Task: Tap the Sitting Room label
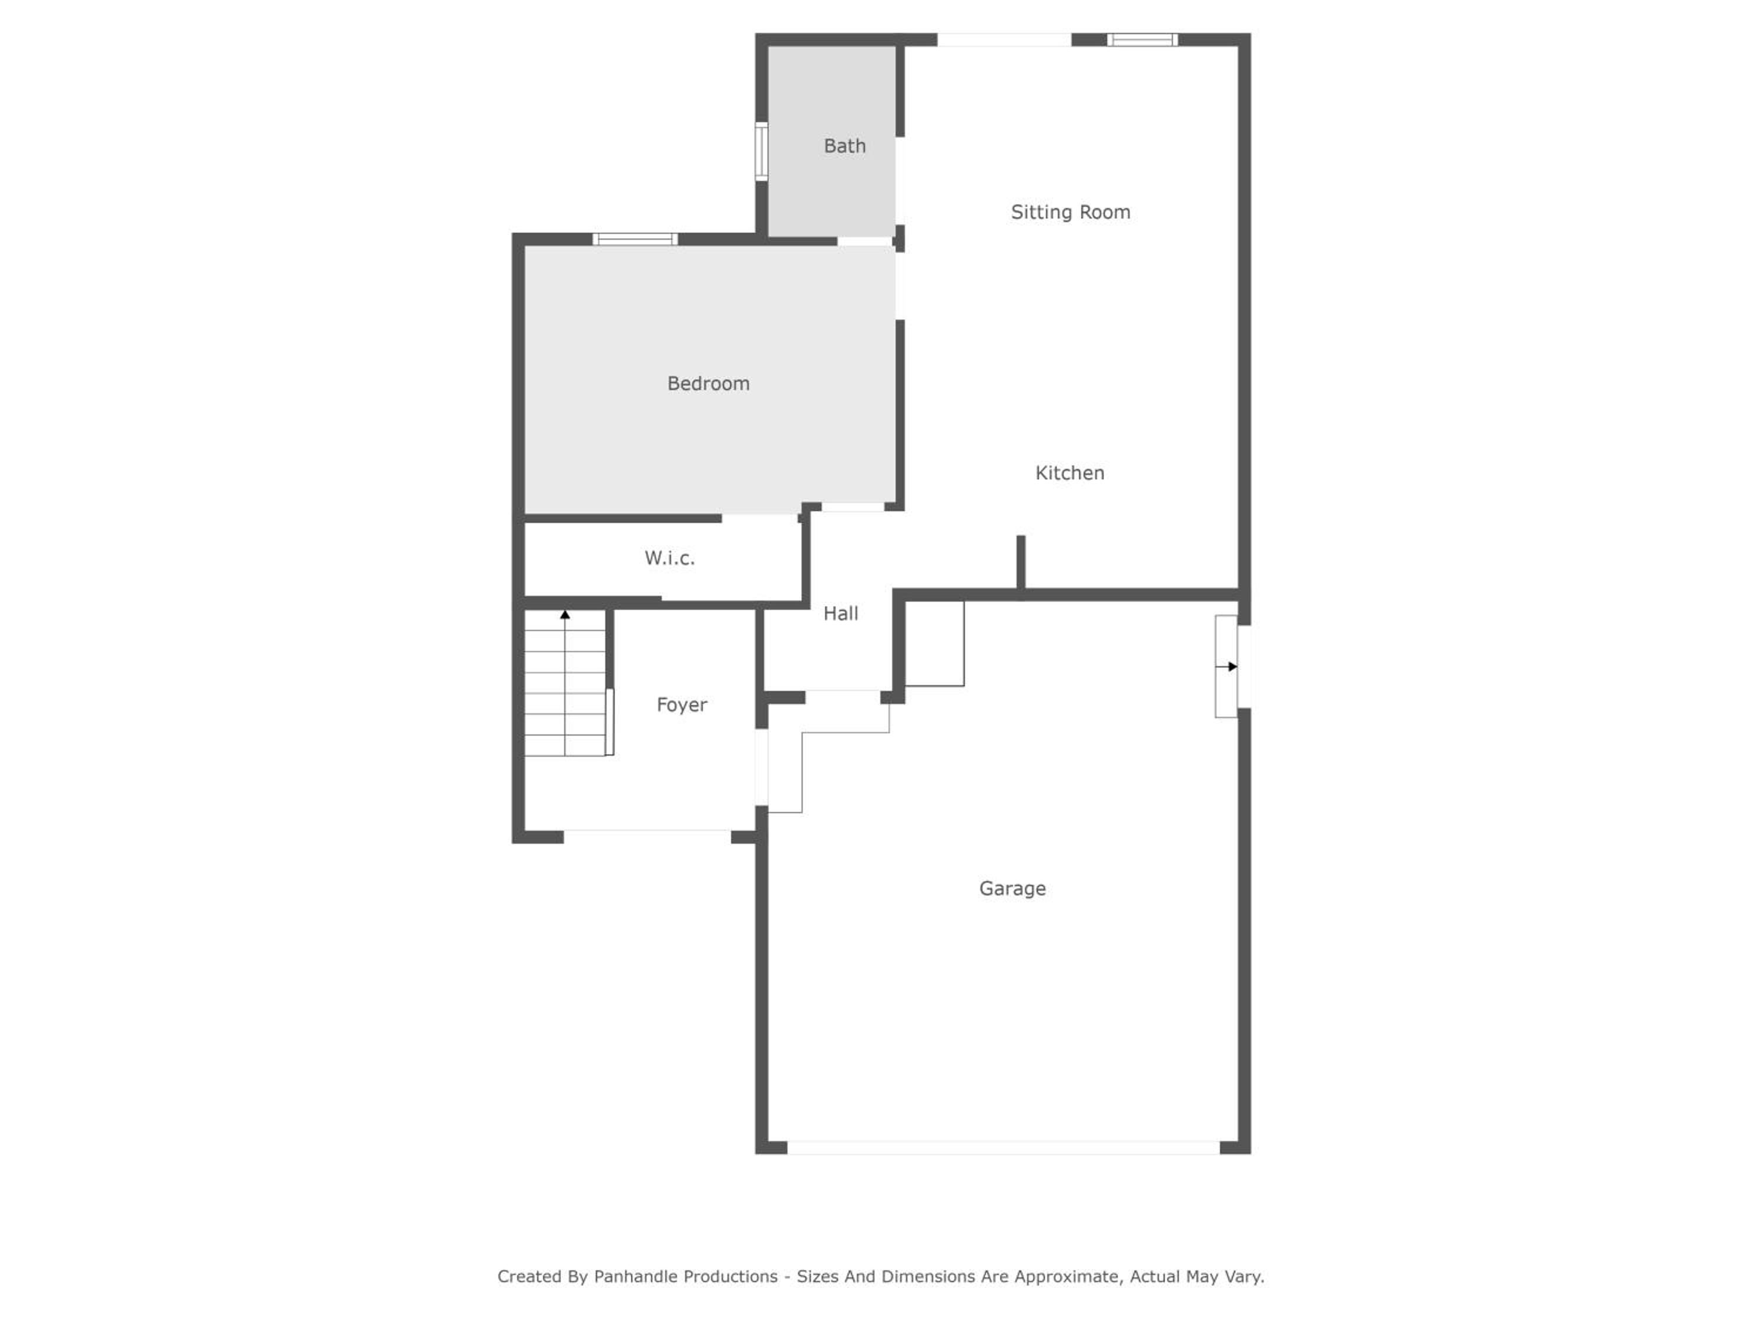(x=1070, y=212)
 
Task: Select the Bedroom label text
(x=709, y=383)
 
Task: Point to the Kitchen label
(x=1070, y=472)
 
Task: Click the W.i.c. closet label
(x=669, y=558)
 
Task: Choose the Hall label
(x=841, y=613)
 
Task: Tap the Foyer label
(x=682, y=704)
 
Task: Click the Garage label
(x=1012, y=888)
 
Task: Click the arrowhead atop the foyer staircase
(x=565, y=615)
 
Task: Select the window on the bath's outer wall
(x=761, y=152)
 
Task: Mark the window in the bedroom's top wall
(x=635, y=239)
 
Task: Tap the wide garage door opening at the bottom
(x=1004, y=1147)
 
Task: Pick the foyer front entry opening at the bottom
(x=647, y=837)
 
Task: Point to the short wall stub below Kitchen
(x=1021, y=563)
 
